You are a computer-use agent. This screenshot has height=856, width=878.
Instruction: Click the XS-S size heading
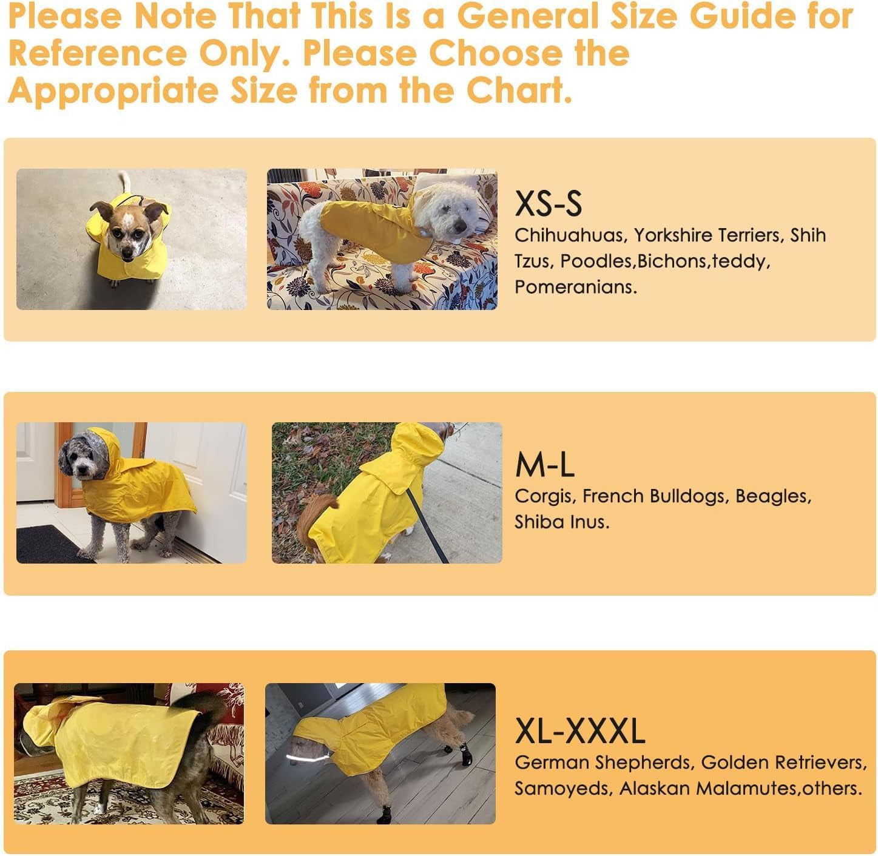click(548, 204)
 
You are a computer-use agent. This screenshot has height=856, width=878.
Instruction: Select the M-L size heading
click(544, 465)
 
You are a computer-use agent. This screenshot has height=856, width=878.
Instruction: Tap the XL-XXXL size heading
click(579, 731)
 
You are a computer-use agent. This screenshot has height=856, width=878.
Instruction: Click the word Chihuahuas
click(569, 235)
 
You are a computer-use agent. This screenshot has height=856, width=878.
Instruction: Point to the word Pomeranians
click(575, 287)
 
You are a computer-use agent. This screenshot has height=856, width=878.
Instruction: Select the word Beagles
click(773, 496)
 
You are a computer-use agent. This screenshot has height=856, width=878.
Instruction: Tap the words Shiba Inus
click(561, 522)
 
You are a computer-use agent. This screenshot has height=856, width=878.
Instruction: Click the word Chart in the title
click(519, 90)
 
